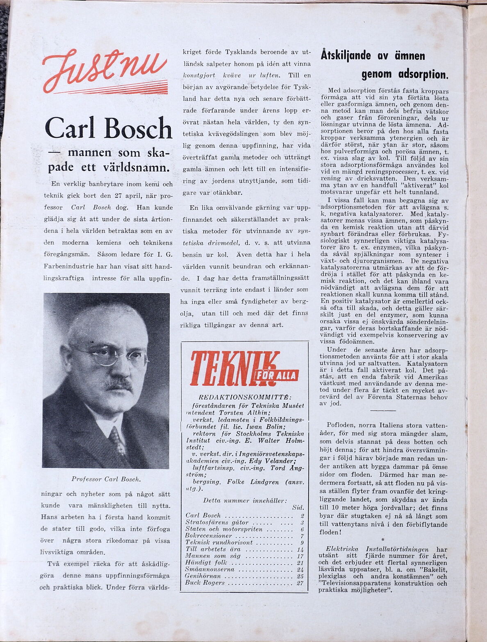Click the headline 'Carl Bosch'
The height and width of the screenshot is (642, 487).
[108, 128]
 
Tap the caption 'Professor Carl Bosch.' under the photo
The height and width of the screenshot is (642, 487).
[106, 479]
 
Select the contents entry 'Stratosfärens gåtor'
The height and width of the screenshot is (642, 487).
[217, 522]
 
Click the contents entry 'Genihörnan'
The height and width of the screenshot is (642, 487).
[203, 576]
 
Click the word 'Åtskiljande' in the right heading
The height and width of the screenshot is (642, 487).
[346, 55]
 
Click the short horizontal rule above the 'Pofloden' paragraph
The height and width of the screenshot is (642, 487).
[383, 410]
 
